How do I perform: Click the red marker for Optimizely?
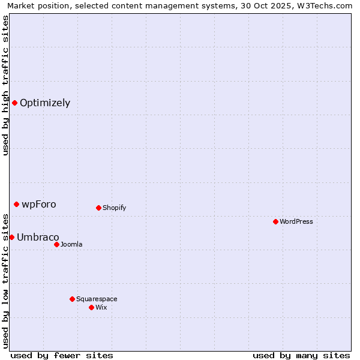pos(14,103)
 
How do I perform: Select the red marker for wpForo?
pos(16,204)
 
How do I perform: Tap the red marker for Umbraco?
pos(11,237)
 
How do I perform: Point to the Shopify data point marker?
pos(98,208)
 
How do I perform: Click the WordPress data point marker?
pos(275,221)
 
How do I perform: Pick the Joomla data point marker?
pos(56,244)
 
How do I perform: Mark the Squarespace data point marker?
pos(72,299)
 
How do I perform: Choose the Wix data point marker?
pos(91,307)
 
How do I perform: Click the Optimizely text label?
pos(45,103)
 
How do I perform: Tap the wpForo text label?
pos(39,204)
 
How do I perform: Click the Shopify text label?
pos(114,208)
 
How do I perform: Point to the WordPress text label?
pos(296,221)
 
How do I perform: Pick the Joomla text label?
pos(71,244)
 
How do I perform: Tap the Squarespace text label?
pos(97,299)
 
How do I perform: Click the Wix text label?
pos(101,307)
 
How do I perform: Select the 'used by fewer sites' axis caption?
pos(62,355)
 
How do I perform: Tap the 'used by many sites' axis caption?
pos(301,355)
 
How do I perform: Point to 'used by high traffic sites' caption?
pos(5,85)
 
